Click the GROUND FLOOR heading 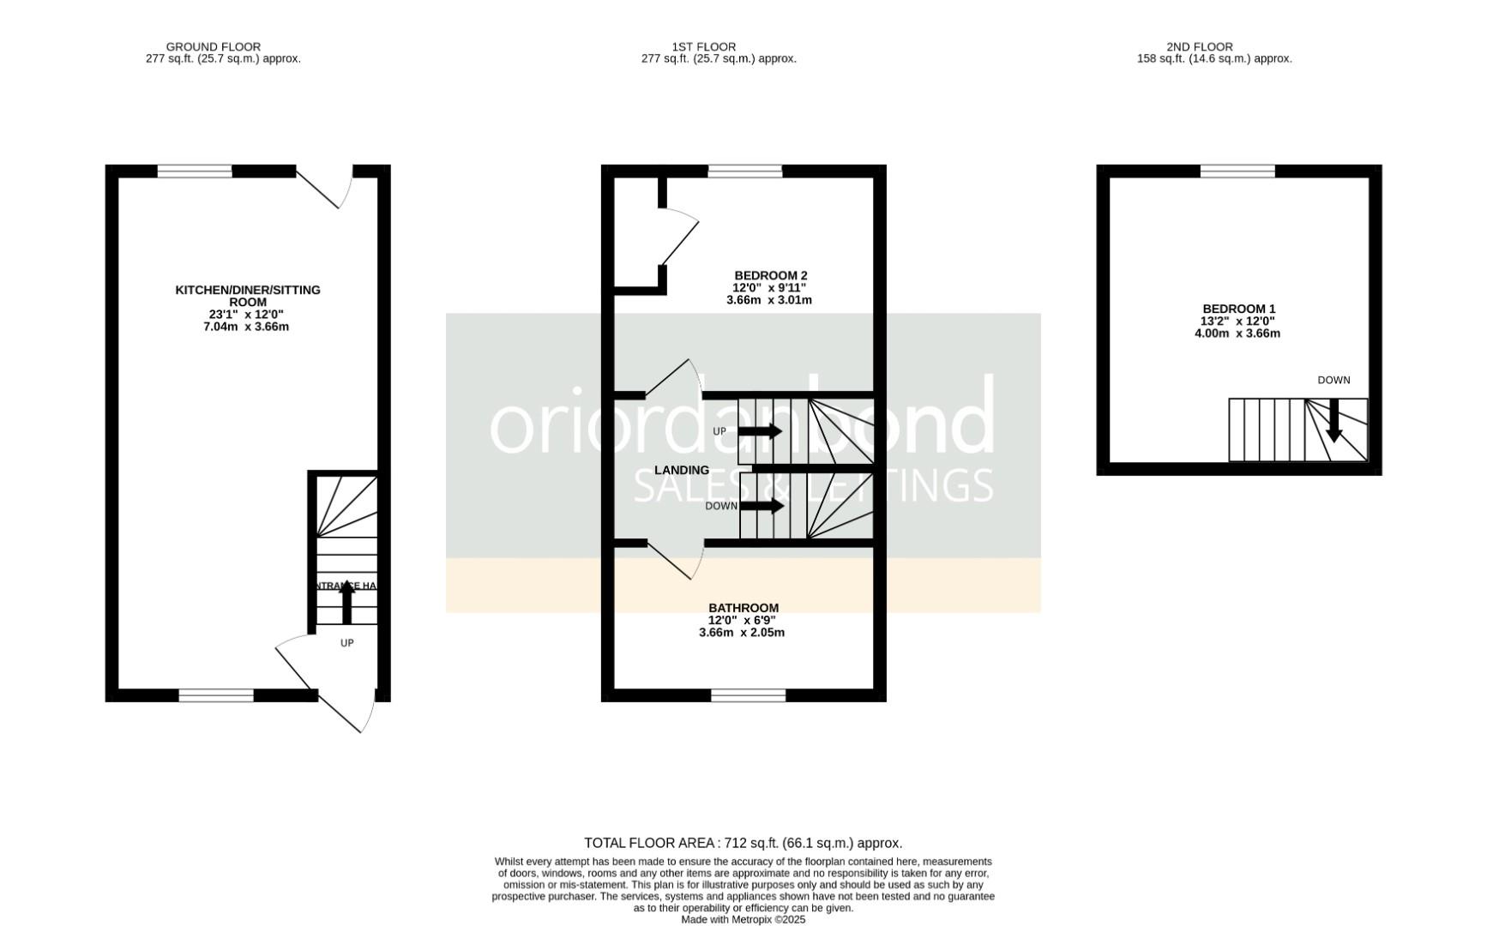tap(214, 47)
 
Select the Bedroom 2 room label tap(759, 275)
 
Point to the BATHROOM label tap(743, 608)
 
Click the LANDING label tap(681, 470)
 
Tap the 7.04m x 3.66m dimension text tap(246, 327)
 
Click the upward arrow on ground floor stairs tap(346, 601)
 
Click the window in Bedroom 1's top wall tap(1237, 171)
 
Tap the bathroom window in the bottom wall tap(748, 695)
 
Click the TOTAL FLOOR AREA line tap(743, 844)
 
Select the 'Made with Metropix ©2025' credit tap(743, 919)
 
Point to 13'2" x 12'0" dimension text tap(1237, 322)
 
